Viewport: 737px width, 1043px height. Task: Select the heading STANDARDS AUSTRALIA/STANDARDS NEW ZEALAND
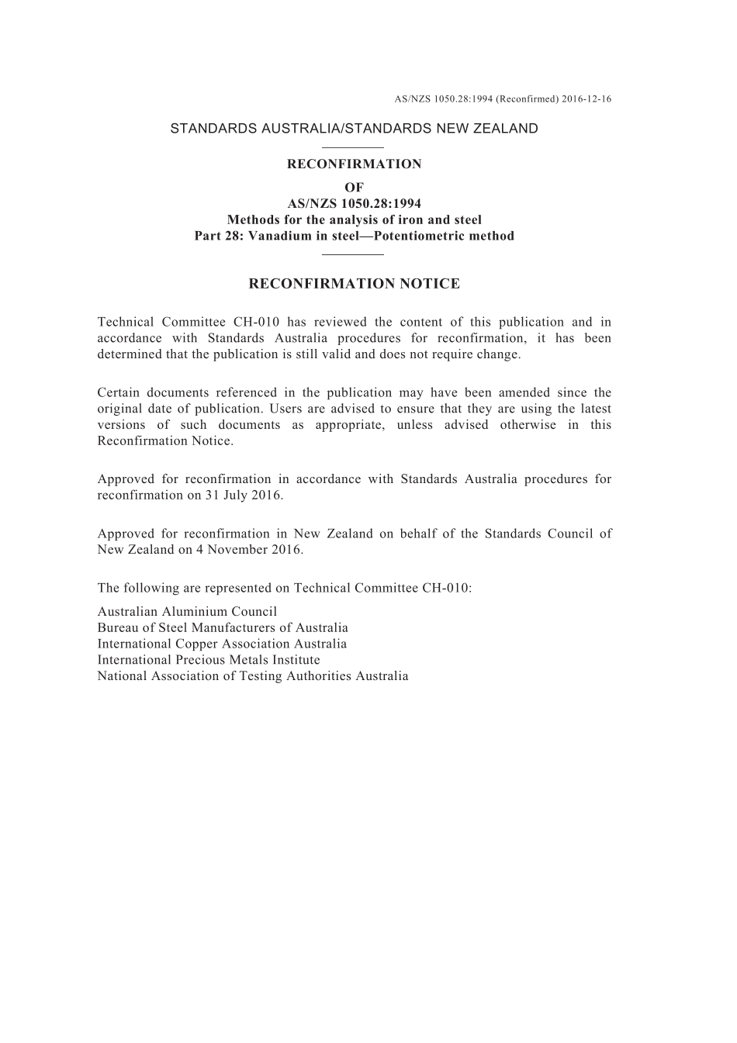coord(354,129)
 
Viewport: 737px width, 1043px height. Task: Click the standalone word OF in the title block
coord(354,187)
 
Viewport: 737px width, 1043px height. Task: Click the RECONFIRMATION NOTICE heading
coord(354,284)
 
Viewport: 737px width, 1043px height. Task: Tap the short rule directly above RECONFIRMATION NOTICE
coord(353,254)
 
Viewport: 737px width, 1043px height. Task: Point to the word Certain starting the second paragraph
coord(117,392)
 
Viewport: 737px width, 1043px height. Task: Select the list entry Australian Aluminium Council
coord(187,612)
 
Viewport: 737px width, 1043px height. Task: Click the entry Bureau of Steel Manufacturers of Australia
coord(223,628)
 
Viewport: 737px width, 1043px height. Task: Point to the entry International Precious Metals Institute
coord(209,660)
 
